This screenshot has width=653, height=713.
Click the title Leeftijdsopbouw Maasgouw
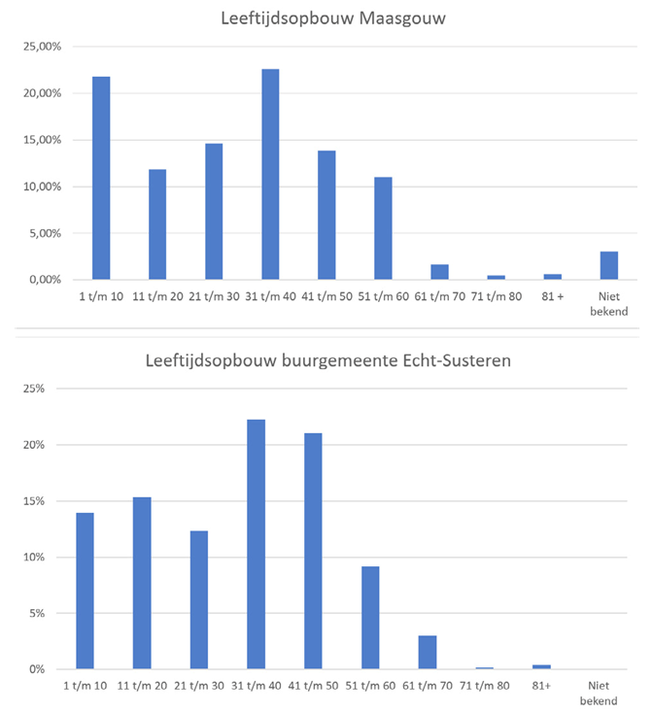333,18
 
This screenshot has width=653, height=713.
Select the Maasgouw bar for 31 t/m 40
270,174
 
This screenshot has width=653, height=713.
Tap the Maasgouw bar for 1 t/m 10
101,178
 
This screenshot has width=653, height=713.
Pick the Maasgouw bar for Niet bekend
609,265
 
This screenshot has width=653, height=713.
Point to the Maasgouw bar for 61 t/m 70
440,272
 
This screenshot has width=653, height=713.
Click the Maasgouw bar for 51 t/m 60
383,228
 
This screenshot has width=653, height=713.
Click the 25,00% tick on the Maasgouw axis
43,47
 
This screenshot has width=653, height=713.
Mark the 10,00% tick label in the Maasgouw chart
43,187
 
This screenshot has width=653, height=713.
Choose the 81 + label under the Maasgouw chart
553,296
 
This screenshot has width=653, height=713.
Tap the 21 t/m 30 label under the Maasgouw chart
214,296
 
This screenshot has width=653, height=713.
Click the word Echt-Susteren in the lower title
457,360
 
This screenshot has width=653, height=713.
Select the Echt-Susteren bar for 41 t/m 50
313,551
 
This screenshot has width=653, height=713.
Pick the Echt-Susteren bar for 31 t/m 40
256,544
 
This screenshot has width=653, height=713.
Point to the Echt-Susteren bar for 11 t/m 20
142,583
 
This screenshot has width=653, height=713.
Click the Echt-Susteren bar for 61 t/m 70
428,652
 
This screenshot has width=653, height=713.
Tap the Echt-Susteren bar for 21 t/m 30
199,599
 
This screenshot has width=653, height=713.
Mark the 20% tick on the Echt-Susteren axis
34,445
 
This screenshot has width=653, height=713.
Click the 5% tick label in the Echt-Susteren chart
37,613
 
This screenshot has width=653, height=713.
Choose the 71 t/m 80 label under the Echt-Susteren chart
484,685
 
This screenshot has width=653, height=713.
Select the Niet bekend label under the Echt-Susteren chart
599,693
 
